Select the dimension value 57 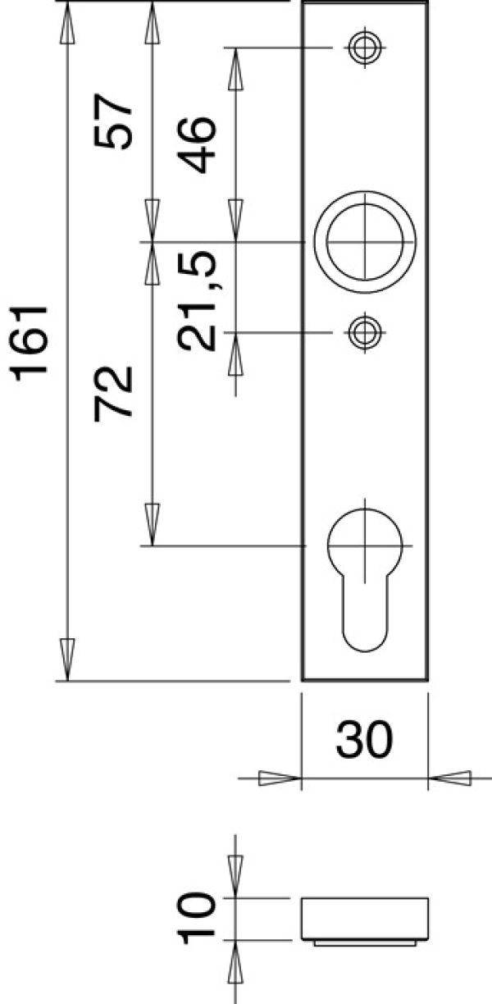pyautogui.click(x=113, y=121)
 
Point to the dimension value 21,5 pyautogui.click(x=198, y=301)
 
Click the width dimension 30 pyautogui.click(x=364, y=741)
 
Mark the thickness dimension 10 pyautogui.click(x=198, y=920)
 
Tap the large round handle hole pyautogui.click(x=364, y=242)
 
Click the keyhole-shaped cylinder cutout pyautogui.click(x=364, y=574)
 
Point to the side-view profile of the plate pyautogui.click(x=364, y=920)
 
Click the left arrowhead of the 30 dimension pyautogui.click(x=279, y=778)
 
